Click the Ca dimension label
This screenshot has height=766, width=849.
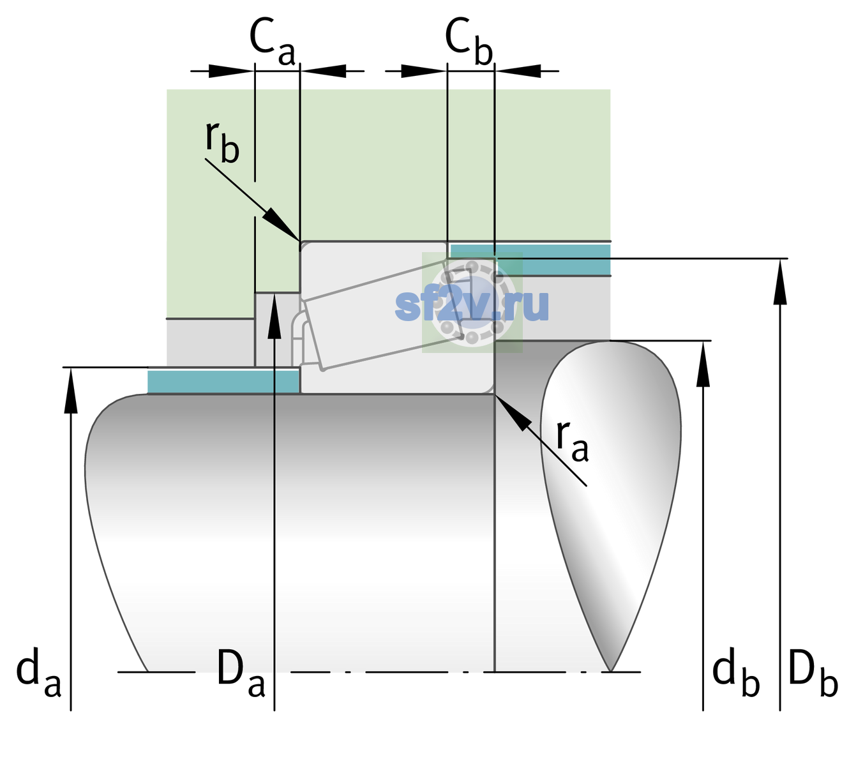[272, 42]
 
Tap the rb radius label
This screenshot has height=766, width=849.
[222, 142]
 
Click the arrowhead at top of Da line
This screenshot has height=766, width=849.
[274, 315]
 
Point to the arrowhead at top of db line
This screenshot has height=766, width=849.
[703, 364]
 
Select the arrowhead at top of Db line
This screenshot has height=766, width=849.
[780, 282]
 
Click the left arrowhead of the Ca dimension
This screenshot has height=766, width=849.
[231, 71]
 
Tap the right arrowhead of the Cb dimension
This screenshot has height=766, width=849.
[518, 71]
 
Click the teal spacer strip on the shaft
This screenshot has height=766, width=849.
[223, 381]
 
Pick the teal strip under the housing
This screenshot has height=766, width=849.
[531, 259]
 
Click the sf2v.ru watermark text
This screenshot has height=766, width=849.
[472, 304]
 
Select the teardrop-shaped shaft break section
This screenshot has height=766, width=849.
[611, 486]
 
